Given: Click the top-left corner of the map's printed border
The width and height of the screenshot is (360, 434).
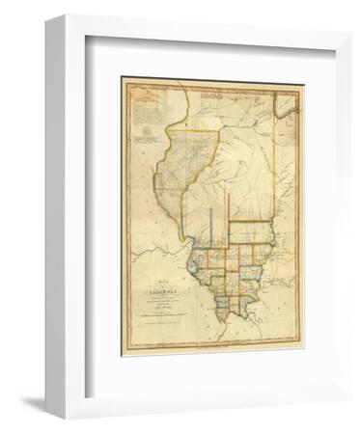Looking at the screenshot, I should (x=123, y=80).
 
